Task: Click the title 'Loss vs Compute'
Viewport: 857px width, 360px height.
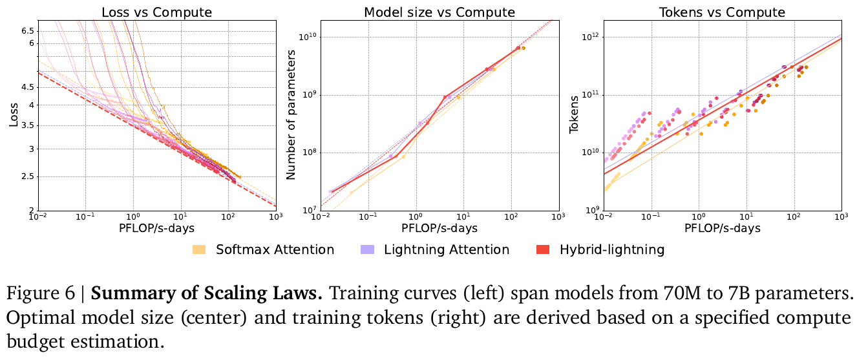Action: (x=157, y=12)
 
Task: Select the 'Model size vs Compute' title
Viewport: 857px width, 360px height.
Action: (x=439, y=12)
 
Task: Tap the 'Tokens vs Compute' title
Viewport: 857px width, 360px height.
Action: (x=723, y=12)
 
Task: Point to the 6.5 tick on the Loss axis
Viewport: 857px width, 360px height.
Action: (x=26, y=30)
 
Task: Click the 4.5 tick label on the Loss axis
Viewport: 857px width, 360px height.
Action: (x=26, y=87)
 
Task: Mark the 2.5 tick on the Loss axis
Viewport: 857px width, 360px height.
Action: (x=26, y=176)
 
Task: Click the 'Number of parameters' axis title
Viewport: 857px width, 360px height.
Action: (x=291, y=115)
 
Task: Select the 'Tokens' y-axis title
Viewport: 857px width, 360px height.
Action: (x=574, y=115)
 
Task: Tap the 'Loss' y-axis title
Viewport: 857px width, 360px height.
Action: (x=12, y=115)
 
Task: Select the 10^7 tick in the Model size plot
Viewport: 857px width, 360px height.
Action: (x=306, y=210)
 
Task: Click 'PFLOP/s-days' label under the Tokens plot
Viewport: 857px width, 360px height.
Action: (x=723, y=228)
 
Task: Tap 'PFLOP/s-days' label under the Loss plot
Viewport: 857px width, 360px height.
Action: (x=157, y=228)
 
